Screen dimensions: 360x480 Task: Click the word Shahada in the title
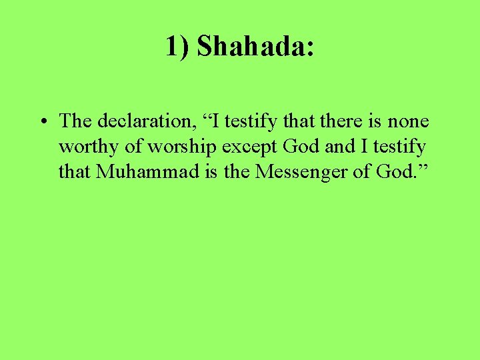coord(251,46)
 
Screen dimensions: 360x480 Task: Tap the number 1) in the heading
coord(178,46)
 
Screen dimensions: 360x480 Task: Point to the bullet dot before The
coord(42,123)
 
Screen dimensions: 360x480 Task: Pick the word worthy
coord(83,147)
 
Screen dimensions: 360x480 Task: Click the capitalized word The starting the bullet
coord(75,121)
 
